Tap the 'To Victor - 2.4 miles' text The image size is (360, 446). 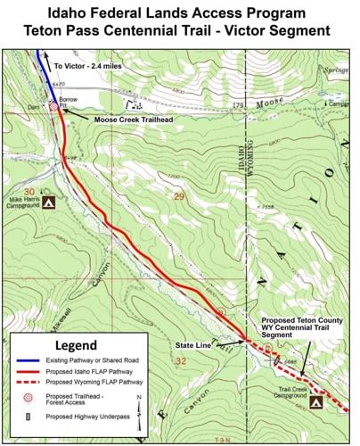91,66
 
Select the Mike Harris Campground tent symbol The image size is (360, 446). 50,202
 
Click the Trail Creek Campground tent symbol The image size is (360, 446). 316,404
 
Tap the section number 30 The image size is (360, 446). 30,192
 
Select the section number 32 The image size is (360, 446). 181,361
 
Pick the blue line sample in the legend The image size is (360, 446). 36,362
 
